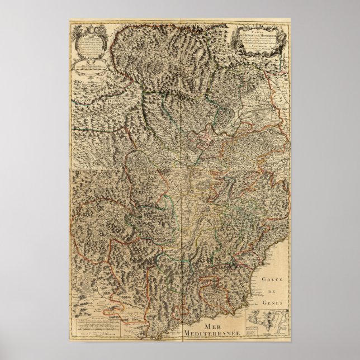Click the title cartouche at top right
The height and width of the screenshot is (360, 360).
click(x=259, y=42)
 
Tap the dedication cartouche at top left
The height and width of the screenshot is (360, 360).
click(x=87, y=48)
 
